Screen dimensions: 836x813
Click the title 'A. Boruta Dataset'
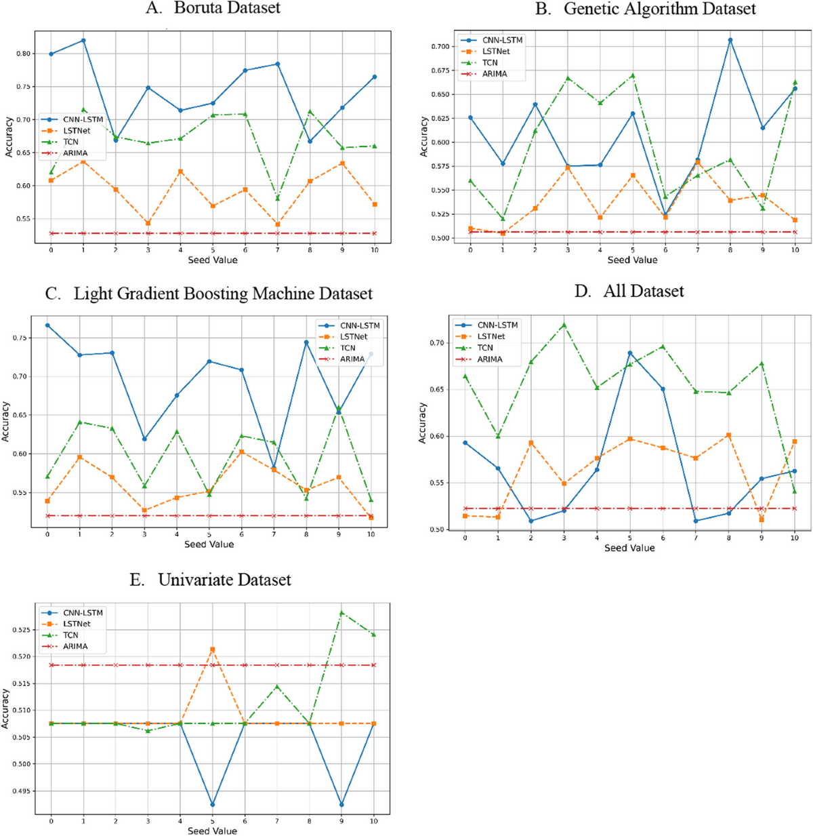click(x=213, y=8)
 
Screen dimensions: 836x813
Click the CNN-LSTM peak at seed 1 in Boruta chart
click(x=83, y=41)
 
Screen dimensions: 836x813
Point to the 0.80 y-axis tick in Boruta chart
click(x=24, y=54)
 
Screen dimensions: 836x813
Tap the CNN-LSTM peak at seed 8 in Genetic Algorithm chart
click(x=730, y=40)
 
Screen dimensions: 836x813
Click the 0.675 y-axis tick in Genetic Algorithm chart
click(x=440, y=71)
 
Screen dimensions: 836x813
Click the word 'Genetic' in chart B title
click(x=593, y=9)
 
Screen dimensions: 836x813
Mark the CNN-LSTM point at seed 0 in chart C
click(x=47, y=325)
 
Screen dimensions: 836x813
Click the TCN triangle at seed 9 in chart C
click(x=339, y=408)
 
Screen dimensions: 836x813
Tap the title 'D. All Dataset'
click(x=629, y=292)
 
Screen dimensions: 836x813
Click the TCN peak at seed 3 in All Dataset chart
click(x=564, y=325)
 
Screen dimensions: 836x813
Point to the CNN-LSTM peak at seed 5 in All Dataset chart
click(x=629, y=353)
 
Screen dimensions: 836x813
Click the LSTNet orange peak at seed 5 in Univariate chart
click(x=212, y=650)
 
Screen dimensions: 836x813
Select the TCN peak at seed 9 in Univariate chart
click(x=341, y=612)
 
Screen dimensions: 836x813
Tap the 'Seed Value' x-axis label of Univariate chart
click(x=212, y=831)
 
